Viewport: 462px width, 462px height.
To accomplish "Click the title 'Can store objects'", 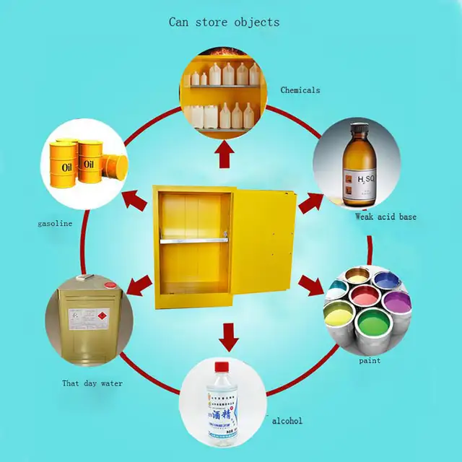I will [x=224, y=22].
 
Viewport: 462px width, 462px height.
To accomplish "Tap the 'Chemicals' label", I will [x=300, y=90].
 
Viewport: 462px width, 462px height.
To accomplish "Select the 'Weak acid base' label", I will [x=385, y=217].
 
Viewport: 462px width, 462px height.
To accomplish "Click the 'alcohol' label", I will [x=287, y=421].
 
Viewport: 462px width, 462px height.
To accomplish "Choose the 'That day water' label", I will [x=91, y=383].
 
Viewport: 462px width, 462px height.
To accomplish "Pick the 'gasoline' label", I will [x=55, y=224].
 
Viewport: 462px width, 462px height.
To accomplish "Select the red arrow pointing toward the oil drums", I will [x=136, y=199].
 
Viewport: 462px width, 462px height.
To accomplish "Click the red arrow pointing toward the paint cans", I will [x=312, y=285].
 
